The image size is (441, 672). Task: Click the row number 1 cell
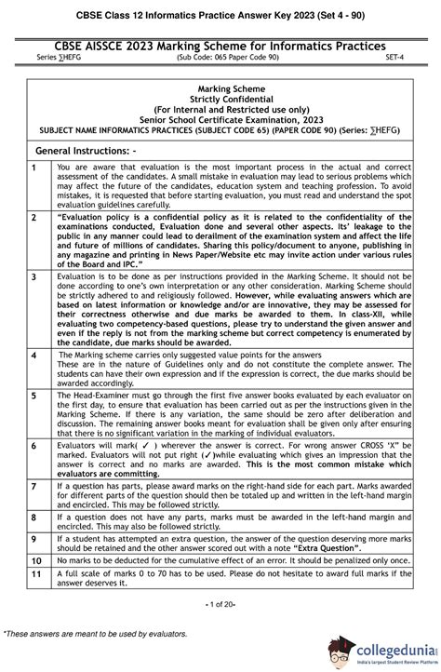point(34,167)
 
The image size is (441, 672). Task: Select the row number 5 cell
point(34,396)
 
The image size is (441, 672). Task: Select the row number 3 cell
point(34,277)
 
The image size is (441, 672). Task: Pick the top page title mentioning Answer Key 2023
point(220,12)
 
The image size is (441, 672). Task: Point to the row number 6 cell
point(34,446)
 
